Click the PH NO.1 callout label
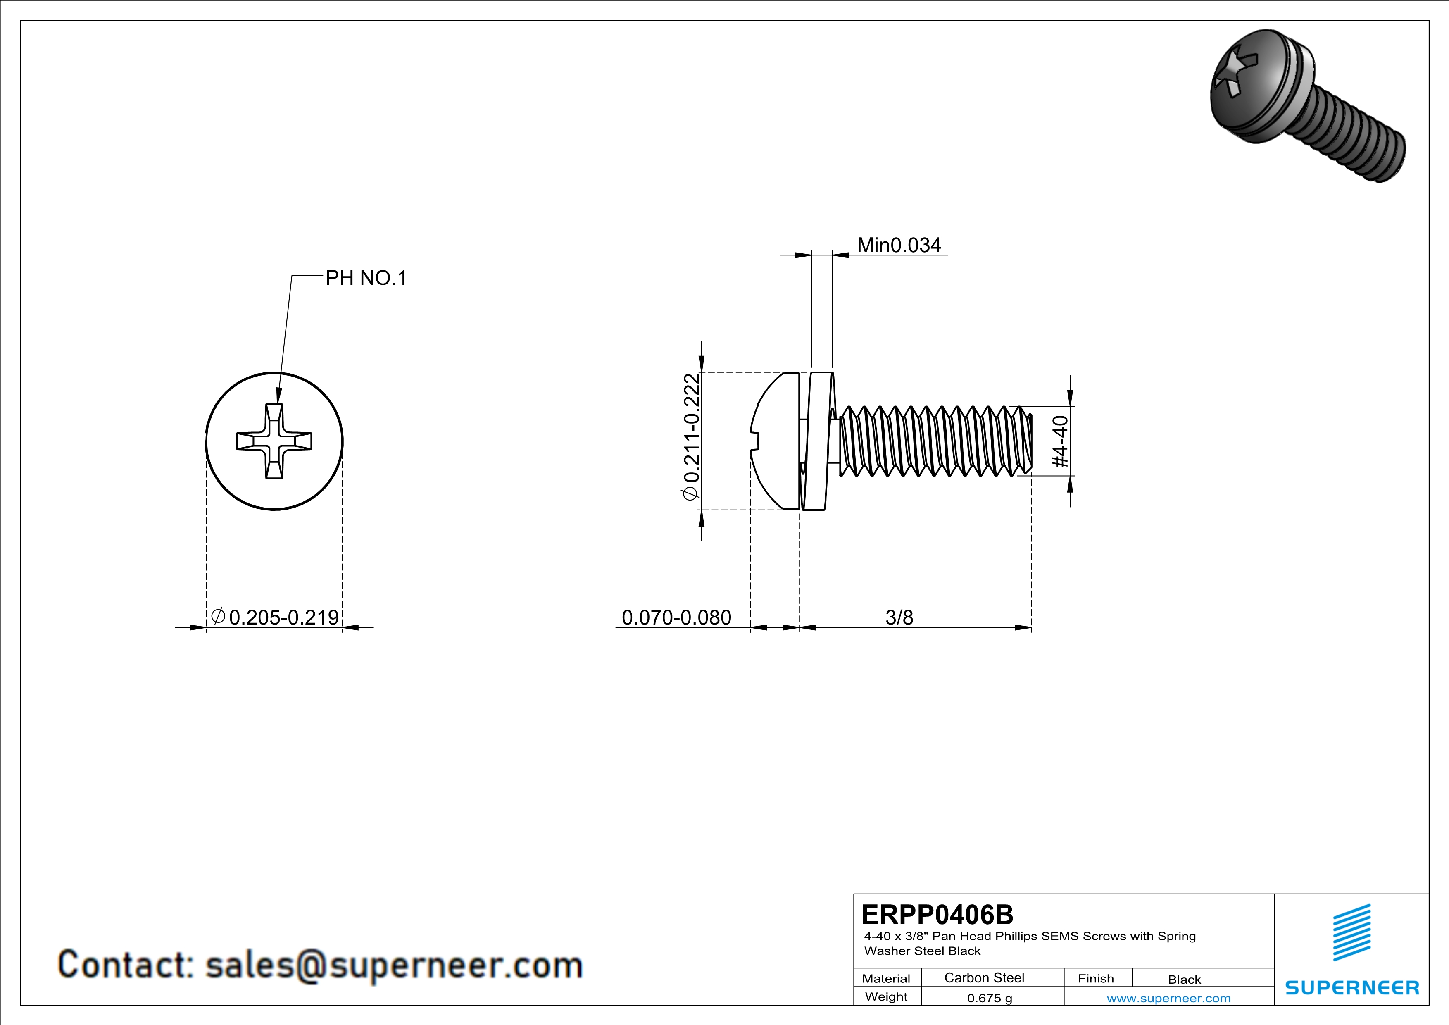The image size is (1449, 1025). point(366,278)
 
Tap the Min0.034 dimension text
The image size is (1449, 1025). point(899,245)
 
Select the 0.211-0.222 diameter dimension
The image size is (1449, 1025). point(692,437)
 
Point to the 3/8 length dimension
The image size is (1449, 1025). point(899,617)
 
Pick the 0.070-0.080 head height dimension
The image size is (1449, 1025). point(676,617)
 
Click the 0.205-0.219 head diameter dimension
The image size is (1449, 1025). point(283,617)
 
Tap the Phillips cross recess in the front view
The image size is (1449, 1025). point(274,441)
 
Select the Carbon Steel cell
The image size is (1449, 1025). point(984,977)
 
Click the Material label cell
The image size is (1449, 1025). point(886,978)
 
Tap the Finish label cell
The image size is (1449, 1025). point(1096,978)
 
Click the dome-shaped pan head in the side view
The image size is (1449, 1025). point(775,441)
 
